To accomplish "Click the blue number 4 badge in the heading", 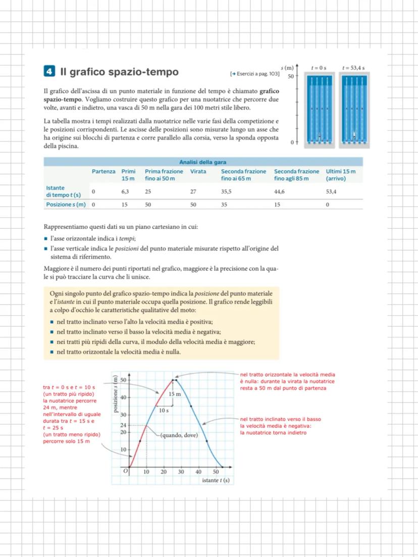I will [x=49, y=72].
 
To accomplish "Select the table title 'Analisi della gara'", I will [x=202, y=162].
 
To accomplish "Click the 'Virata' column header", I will [x=198, y=172].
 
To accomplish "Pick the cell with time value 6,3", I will [x=126, y=192].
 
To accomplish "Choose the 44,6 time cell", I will [x=280, y=192].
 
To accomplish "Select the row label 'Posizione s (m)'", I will [x=66, y=205].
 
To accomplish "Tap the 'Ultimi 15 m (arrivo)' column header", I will [x=341, y=175].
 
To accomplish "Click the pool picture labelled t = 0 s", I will [x=319, y=108].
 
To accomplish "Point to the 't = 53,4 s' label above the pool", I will [x=353, y=67].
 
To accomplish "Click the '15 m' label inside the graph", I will [x=175, y=393].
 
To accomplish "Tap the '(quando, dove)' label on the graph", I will [x=179, y=435].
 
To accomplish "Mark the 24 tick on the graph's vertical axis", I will [x=122, y=425].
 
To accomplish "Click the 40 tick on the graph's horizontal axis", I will [x=198, y=472].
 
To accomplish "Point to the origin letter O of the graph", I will [x=126, y=471].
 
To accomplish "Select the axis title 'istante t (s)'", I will [x=215, y=480].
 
